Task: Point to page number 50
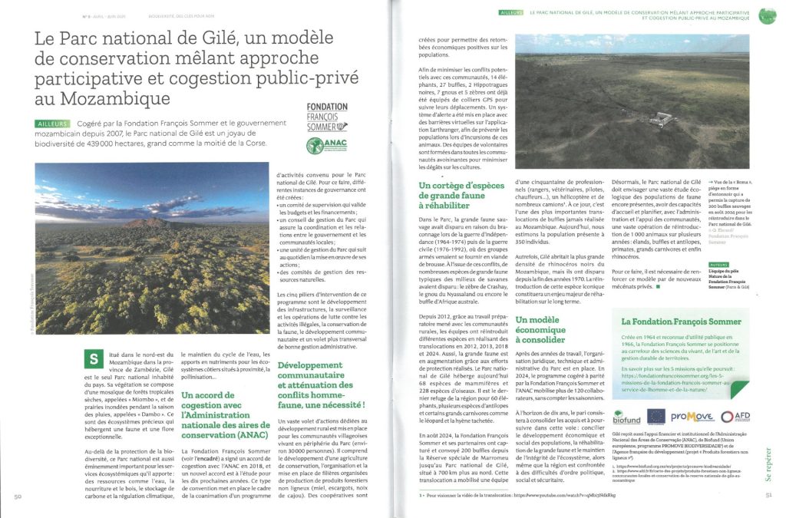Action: point(18,496)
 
